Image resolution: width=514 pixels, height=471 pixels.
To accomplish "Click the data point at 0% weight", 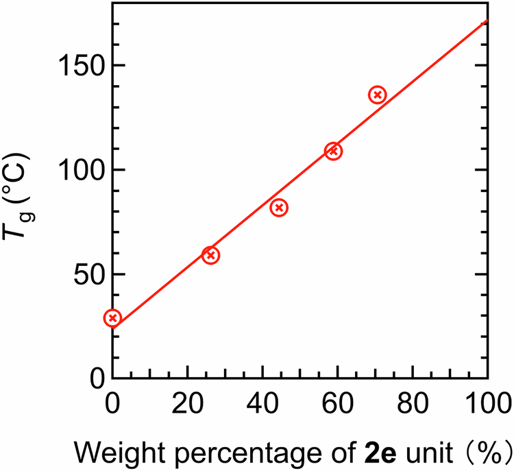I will pyautogui.click(x=112, y=317).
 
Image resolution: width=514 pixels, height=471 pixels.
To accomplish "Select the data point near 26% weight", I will pyautogui.click(x=210, y=255).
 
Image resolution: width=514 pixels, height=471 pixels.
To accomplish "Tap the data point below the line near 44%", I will pyautogui.click(x=278, y=208).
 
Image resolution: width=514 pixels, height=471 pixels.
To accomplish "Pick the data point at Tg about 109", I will pyautogui.click(x=333, y=151).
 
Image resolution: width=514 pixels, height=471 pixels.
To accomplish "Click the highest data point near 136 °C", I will pyautogui.click(x=377, y=95).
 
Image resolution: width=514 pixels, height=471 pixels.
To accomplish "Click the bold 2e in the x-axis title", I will pyautogui.click(x=371, y=452).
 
